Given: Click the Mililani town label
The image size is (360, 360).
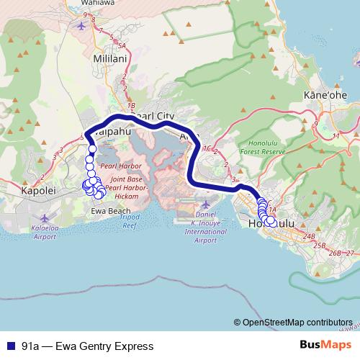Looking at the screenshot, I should pyautogui.click(x=111, y=57).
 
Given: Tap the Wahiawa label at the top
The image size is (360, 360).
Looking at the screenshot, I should pyautogui.click(x=104, y=3).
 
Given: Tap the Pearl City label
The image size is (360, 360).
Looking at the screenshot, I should pyautogui.click(x=151, y=115).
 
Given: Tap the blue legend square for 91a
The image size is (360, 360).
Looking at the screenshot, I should pyautogui.click(x=10, y=346).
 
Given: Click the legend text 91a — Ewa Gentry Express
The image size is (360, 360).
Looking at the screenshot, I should pyautogui.click(x=87, y=346).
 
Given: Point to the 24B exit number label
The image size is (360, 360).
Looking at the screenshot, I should pyautogui.click(x=310, y=236).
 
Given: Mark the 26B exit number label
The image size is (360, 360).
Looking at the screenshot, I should pyautogui.click(x=335, y=253).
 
